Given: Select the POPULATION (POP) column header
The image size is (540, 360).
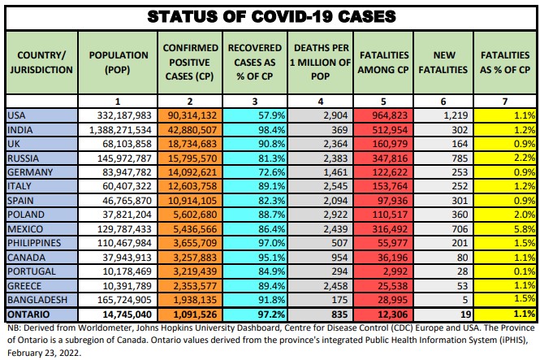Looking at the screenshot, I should (119, 62).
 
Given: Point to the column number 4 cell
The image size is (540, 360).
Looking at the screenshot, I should (322, 101).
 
